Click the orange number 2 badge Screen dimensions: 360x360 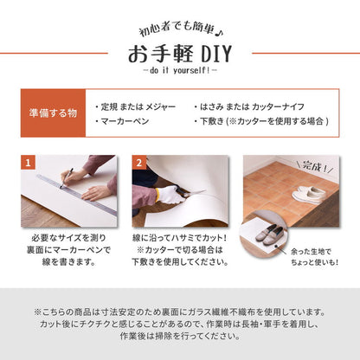[138, 163]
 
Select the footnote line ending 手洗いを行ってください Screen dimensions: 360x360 [180, 339]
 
